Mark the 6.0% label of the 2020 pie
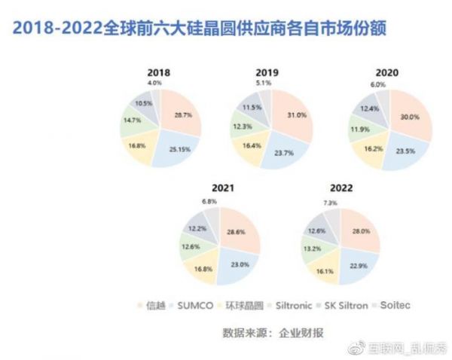(376, 85)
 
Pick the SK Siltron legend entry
(347, 307)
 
